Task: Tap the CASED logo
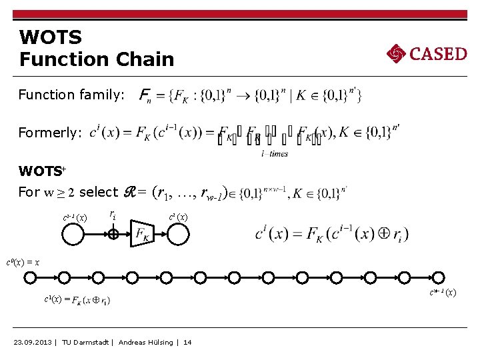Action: tap(427, 53)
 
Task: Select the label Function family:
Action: tap(71, 95)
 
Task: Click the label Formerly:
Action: tap(50, 133)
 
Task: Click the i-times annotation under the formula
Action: tap(274, 154)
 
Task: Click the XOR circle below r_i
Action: tap(113, 234)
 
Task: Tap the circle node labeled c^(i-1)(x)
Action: tap(73, 234)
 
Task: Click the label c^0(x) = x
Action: tap(23, 263)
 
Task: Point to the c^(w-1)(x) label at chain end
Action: tap(443, 292)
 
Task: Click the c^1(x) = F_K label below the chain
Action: tap(77, 301)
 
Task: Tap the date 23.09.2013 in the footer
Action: tap(34, 342)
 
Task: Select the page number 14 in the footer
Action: tap(187, 342)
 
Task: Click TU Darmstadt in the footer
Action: tap(86, 342)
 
